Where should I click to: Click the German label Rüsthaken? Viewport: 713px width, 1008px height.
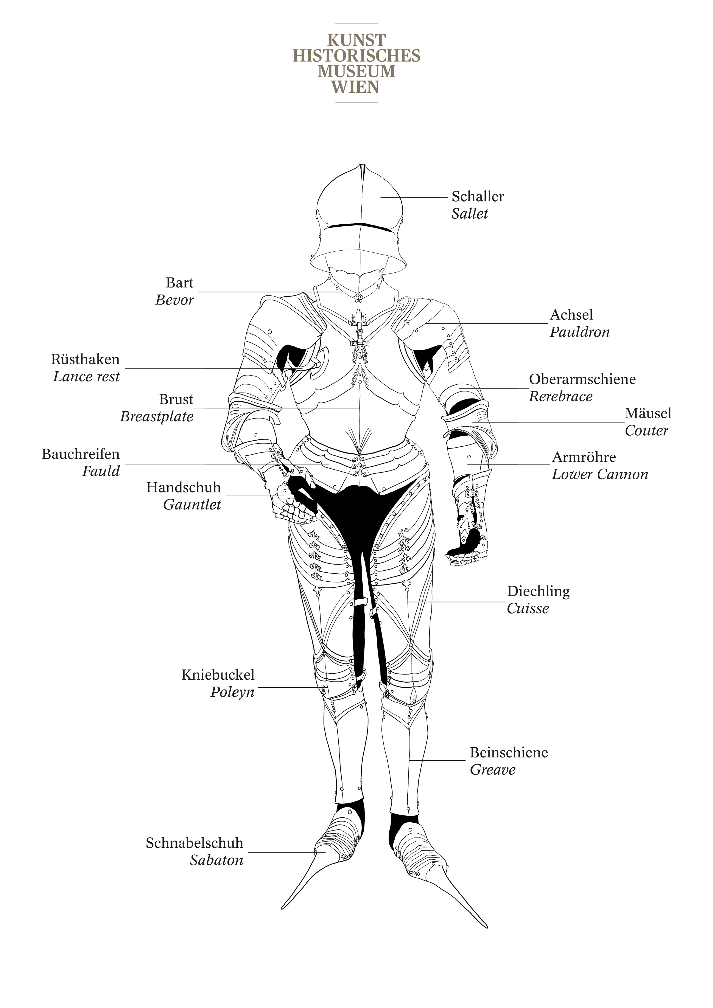(x=85, y=360)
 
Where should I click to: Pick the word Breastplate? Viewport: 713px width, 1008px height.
(x=157, y=417)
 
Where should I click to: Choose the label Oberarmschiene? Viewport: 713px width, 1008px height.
(x=582, y=379)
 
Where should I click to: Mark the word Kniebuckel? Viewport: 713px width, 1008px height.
(x=218, y=675)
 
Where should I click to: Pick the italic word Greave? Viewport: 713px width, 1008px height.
(x=493, y=770)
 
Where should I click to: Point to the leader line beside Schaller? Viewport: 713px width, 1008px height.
(x=414, y=197)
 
